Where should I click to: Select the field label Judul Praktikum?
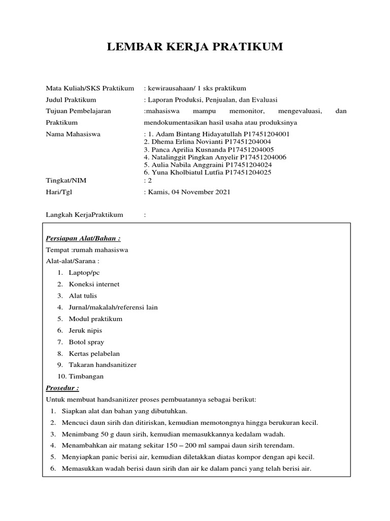[x=71, y=100]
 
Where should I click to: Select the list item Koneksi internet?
[x=94, y=284]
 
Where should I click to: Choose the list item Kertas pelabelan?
[x=94, y=354]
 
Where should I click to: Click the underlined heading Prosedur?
[x=62, y=388]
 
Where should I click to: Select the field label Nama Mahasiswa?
[x=73, y=134]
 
